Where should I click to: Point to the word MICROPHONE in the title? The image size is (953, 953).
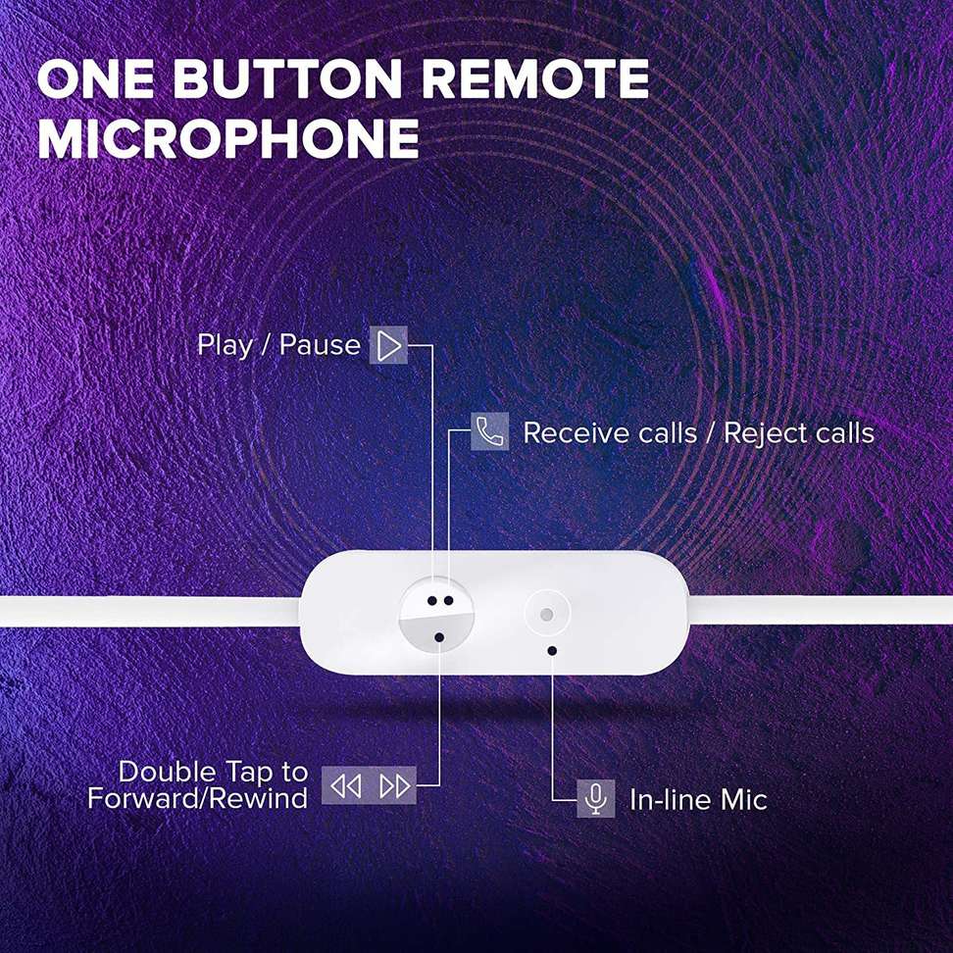228,139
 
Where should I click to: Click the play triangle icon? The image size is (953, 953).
389,345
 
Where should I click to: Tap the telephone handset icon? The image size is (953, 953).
489,431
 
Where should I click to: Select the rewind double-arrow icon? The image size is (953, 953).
345,785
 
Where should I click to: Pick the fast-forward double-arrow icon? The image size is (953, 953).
394,785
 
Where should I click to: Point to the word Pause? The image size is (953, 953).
320,345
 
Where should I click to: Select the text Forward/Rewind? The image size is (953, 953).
197,799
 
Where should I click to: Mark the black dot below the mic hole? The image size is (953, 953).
553,649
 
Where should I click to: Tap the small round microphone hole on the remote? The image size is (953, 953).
546,616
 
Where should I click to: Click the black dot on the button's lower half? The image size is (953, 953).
439,637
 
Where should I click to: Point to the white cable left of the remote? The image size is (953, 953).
147,612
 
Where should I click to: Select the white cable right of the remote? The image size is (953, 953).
824,610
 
